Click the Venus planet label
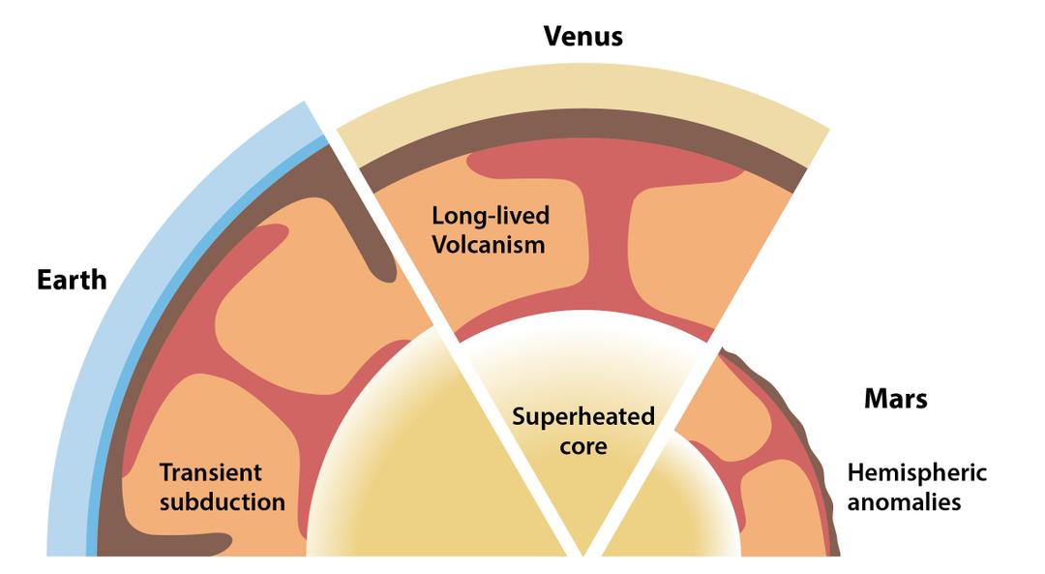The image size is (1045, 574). click(x=582, y=37)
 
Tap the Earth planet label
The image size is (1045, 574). click(x=72, y=280)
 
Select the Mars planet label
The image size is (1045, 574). click(x=894, y=398)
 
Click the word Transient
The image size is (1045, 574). click(x=210, y=473)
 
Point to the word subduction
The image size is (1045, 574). click(x=222, y=501)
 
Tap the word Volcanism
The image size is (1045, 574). click(x=489, y=243)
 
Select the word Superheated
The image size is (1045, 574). click(x=582, y=418)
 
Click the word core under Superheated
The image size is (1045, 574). click(x=582, y=446)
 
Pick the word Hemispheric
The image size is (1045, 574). click(x=916, y=472)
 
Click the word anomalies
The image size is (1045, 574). click(x=904, y=501)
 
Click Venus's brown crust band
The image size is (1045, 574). click(x=581, y=149)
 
